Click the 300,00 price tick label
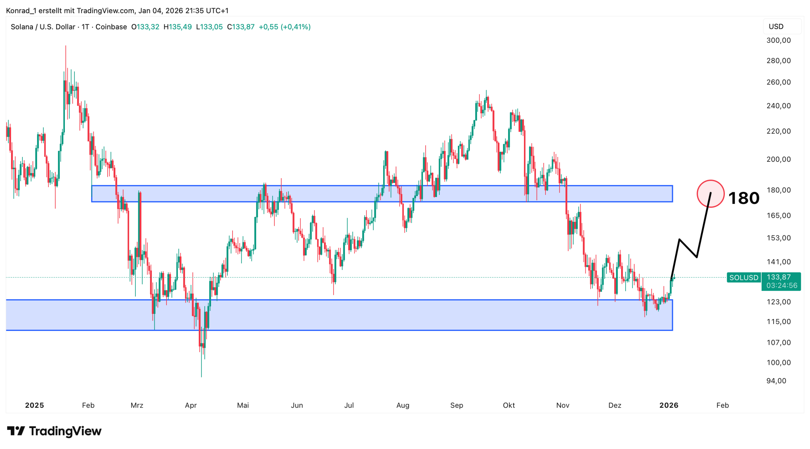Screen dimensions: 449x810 (778, 40)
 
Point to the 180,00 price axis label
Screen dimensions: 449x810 (778, 190)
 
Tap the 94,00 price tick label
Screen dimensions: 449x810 (776, 381)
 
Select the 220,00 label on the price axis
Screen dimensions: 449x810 (778, 131)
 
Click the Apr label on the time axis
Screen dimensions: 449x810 (191, 405)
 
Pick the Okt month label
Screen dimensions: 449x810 (508, 405)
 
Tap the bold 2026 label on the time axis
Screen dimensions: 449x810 (668, 405)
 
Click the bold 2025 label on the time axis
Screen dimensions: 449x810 (34, 405)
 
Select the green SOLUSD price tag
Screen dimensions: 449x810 (744, 278)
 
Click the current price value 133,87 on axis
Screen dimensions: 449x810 (778, 277)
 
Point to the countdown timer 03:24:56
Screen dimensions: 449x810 (781, 285)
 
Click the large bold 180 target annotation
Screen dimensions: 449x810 (743, 198)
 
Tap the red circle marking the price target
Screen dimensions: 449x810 (710, 193)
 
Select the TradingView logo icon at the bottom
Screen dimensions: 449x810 (16, 431)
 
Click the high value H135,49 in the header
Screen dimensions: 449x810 (178, 27)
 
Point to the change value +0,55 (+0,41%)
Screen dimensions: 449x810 (284, 27)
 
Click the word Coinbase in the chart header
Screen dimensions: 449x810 (111, 27)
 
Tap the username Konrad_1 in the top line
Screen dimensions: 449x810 (21, 10)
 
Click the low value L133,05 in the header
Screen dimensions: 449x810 (209, 27)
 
